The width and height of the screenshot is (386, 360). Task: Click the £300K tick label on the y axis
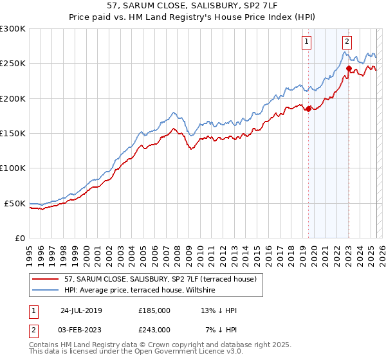(12, 29)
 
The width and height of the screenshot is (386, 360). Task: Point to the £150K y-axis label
(12, 133)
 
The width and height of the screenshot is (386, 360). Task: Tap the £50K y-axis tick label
(15, 203)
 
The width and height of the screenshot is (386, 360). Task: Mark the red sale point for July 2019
(308, 109)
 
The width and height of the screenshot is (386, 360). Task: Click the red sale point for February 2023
(349, 68)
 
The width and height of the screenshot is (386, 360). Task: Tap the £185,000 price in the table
(154, 310)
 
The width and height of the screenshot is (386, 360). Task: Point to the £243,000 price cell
(154, 329)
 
